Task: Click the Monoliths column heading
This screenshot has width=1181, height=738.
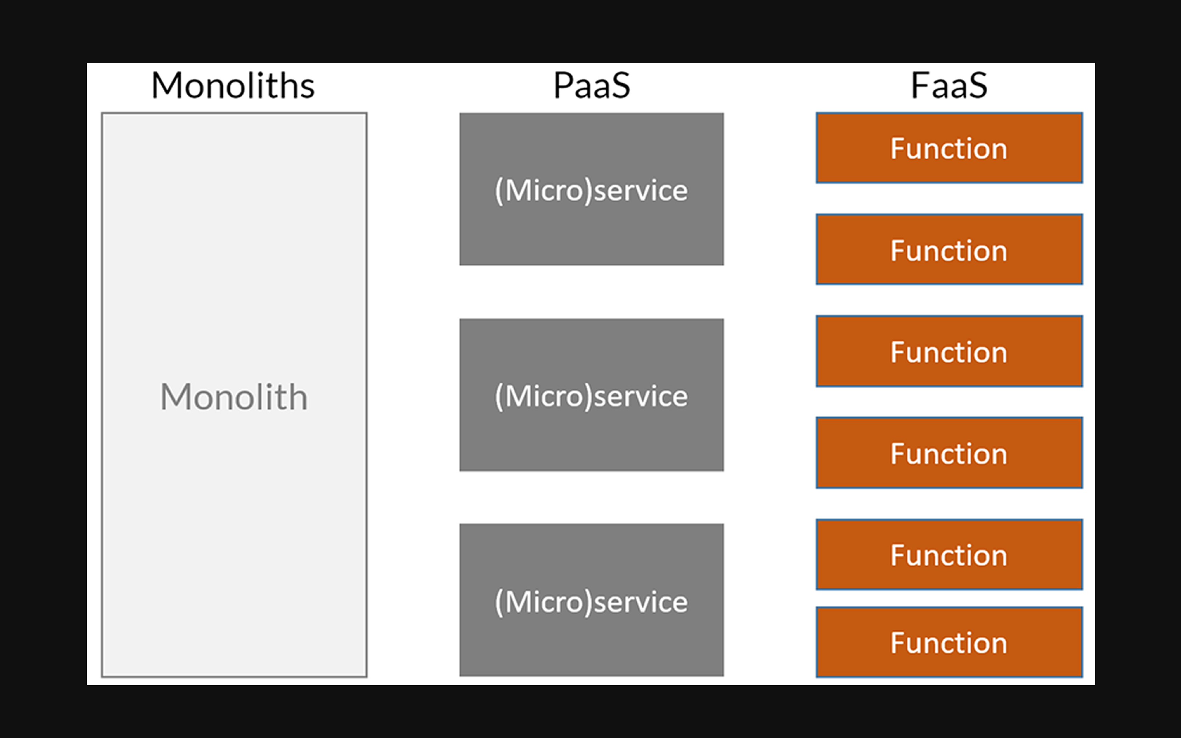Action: coord(233,85)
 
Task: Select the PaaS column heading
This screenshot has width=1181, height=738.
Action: coord(592,85)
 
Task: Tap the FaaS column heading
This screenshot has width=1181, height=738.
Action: coord(949,85)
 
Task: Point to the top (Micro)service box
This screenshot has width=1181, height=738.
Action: coord(591,189)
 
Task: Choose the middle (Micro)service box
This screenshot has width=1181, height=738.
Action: coord(591,395)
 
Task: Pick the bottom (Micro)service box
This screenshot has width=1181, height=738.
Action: coord(591,600)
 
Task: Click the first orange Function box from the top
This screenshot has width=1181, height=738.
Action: coord(949,148)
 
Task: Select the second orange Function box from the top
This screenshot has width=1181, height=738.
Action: coord(949,249)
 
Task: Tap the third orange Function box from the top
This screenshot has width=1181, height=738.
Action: coord(949,351)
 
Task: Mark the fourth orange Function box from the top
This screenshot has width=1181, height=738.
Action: coord(949,453)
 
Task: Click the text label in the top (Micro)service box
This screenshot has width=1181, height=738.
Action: coord(591,191)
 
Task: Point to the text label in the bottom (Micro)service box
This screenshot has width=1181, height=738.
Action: coord(591,602)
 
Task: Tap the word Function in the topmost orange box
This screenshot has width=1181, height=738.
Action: coord(949,148)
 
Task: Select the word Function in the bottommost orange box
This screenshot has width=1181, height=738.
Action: coord(949,643)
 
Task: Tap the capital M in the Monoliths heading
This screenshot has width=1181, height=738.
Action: coord(168,85)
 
